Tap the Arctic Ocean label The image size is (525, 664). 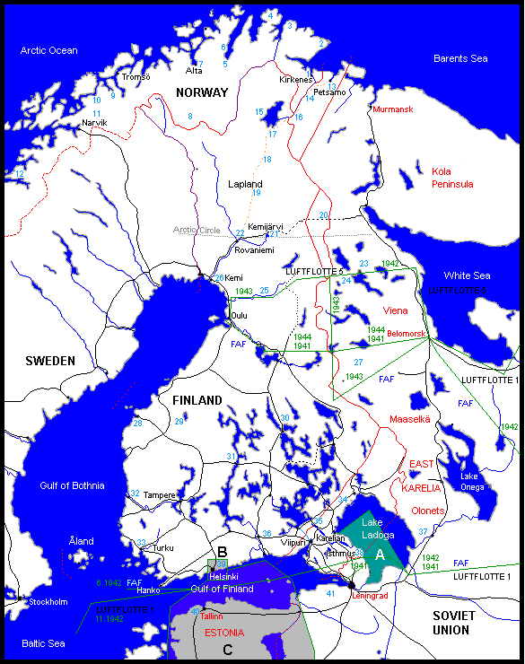48,50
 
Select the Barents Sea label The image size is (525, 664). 460,58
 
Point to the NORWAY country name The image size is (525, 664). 202,93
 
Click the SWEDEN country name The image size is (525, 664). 49,361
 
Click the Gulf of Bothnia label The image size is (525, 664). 72,485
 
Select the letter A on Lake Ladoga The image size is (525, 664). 380,555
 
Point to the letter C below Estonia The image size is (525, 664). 227,650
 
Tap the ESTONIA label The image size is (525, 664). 224,632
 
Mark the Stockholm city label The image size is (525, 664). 48,601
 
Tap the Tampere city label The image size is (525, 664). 159,494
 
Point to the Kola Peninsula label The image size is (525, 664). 452,177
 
